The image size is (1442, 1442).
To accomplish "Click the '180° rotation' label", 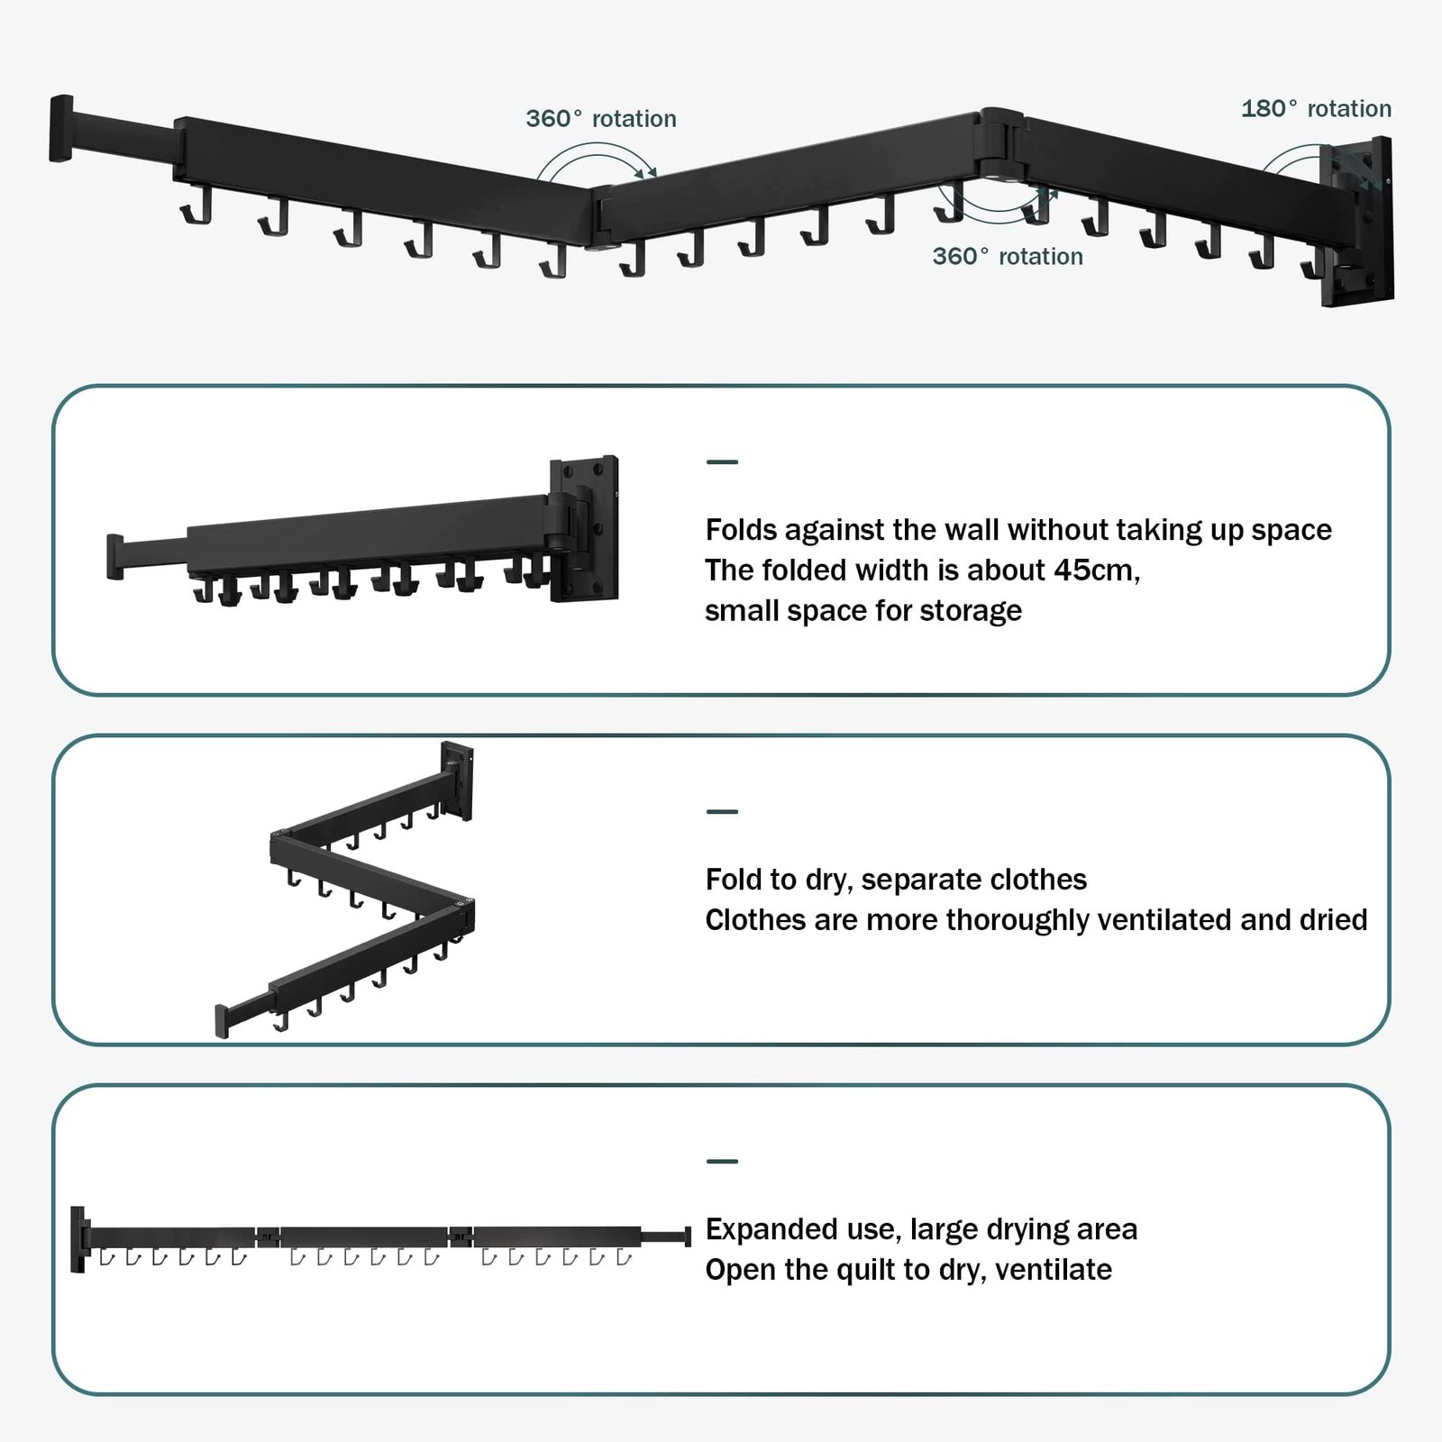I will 1316,109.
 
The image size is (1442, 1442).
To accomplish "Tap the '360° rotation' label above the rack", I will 601,119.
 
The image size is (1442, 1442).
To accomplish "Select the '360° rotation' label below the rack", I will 1008,257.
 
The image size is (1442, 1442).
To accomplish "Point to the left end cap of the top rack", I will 60,128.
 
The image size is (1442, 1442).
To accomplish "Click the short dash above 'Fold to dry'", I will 722,811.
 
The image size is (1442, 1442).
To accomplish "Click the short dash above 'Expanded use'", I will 722,1161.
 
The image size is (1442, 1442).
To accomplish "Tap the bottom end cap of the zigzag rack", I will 222,1020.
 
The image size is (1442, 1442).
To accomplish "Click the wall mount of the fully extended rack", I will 78,1239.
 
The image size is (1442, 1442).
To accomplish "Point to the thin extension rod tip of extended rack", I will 687,1236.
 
